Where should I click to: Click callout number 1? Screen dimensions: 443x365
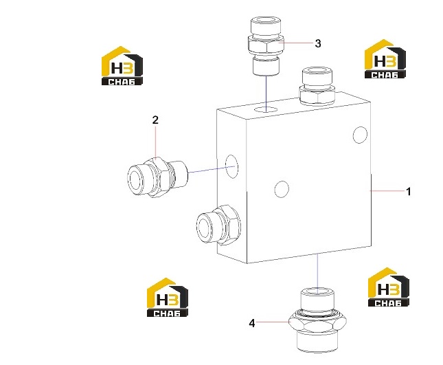(408, 192)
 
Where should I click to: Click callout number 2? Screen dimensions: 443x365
(155, 120)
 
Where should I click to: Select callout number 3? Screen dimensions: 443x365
(318, 43)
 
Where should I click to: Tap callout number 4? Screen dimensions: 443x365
(252, 323)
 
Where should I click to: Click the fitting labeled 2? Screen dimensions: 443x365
(157, 177)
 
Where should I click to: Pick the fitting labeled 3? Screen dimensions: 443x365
(266, 46)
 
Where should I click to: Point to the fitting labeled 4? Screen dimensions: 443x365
(317, 320)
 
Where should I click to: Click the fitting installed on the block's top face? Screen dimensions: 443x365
(317, 86)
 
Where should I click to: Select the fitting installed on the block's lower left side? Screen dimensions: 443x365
(218, 225)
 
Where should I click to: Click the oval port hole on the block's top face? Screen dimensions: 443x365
(266, 109)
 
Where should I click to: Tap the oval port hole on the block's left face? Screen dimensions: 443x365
(231, 167)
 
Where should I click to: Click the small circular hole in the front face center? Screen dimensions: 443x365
(282, 189)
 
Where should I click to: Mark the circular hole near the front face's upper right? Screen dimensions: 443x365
(360, 135)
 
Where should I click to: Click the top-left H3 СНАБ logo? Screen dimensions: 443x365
(122, 65)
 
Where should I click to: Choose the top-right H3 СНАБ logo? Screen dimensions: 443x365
(385, 59)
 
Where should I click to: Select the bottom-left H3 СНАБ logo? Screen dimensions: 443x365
(168, 297)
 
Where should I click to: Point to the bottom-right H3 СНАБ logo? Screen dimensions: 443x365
(389, 287)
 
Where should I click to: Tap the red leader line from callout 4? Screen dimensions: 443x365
(273, 322)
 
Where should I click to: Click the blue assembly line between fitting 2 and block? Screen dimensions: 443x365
(212, 169)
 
